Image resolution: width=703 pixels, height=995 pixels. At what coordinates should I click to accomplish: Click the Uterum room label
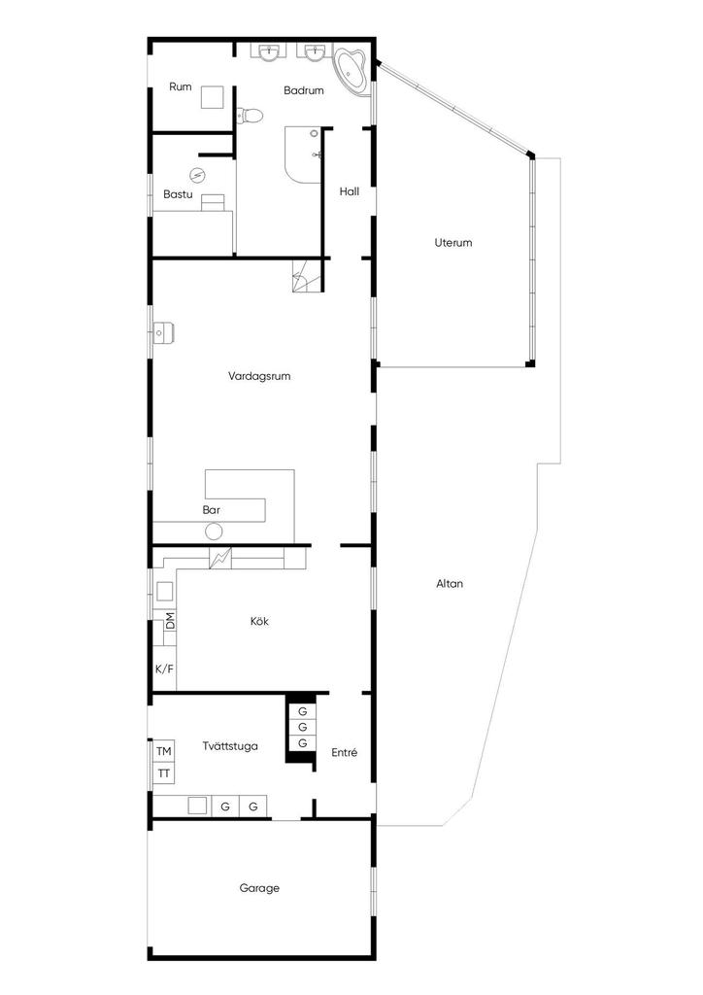453,243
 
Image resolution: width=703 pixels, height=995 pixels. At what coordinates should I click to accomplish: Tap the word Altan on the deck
450,584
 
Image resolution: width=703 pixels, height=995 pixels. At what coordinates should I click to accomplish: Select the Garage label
259,888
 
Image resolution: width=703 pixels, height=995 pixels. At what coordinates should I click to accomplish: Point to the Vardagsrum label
260,376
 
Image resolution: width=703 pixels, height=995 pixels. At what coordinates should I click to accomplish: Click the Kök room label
259,622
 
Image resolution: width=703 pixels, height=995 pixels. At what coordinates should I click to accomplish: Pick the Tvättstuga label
230,746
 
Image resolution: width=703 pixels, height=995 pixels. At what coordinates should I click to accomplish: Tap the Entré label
345,752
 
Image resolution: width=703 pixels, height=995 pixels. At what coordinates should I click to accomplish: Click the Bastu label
178,194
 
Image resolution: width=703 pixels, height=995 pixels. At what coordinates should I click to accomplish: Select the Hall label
350,191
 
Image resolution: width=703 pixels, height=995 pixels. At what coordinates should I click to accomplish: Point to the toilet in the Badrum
251,115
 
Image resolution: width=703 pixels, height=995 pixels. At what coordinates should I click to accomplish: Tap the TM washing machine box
164,752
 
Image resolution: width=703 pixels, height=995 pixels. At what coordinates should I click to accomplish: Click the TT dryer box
164,773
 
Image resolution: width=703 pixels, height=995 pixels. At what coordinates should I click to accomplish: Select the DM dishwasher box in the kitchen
171,621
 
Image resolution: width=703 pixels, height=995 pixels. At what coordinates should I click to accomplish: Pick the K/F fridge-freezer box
164,669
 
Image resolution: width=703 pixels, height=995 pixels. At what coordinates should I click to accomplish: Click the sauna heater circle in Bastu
198,176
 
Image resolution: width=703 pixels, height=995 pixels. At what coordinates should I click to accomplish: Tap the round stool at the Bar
214,531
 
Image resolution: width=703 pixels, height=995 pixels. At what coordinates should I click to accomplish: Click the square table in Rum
213,97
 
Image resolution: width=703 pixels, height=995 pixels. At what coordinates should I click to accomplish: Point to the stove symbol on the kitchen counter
221,559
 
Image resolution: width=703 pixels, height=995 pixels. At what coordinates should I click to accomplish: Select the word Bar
211,509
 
